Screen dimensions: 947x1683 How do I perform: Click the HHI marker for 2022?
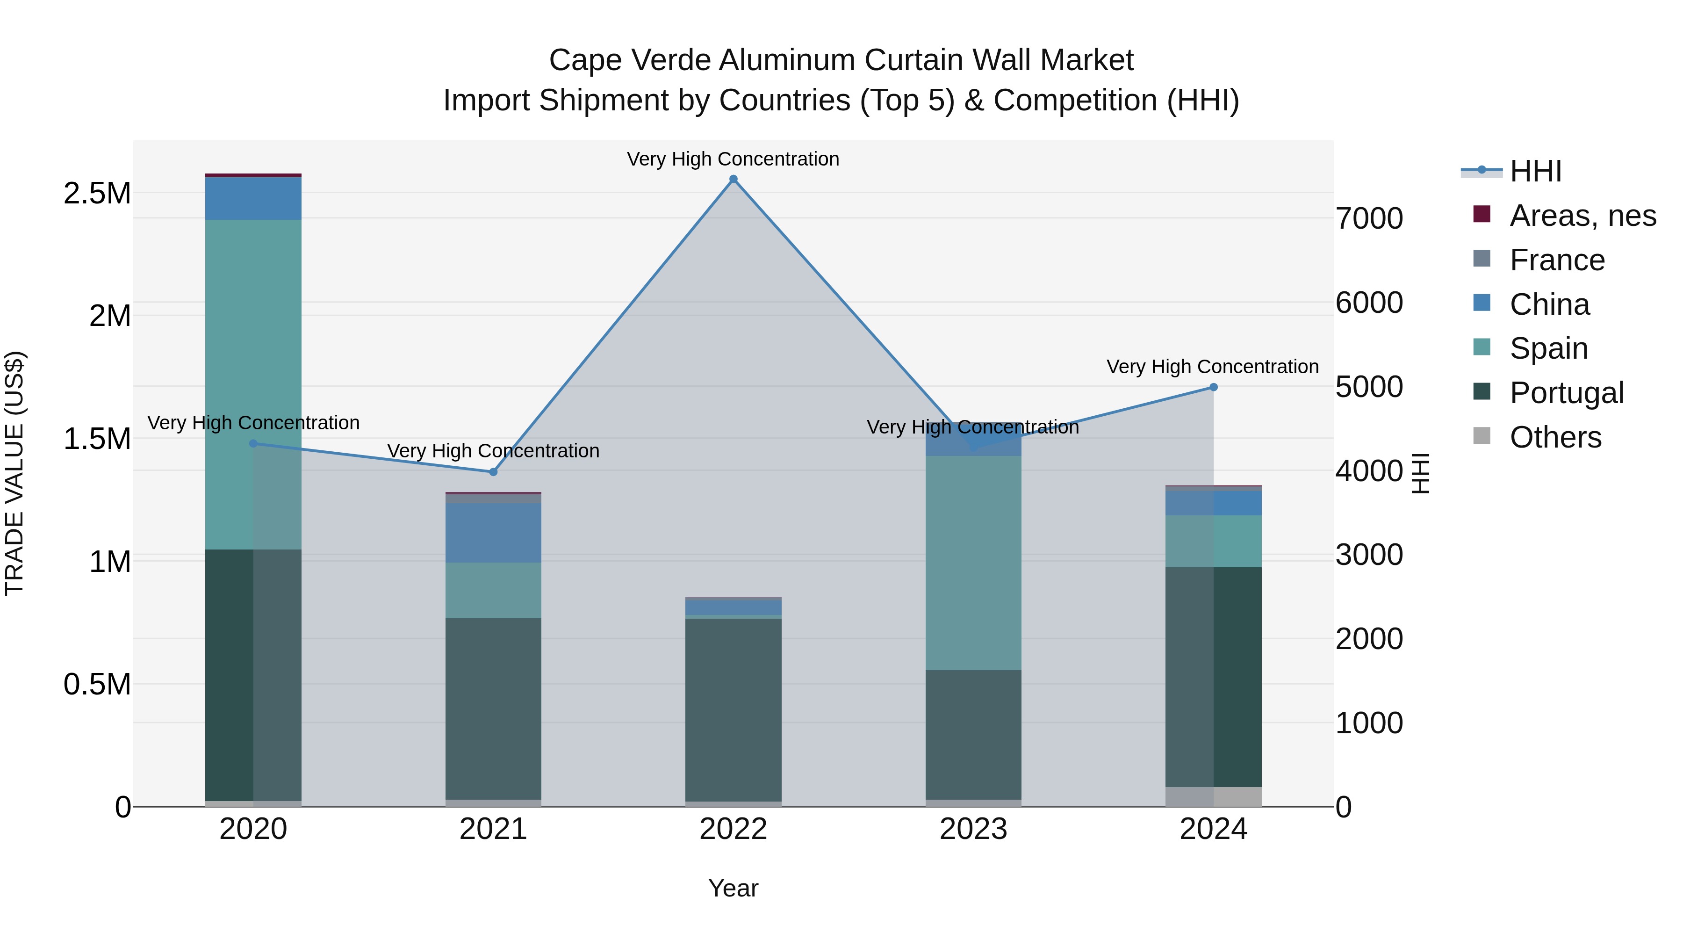pos(733,179)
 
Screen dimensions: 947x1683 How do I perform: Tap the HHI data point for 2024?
pos(1213,387)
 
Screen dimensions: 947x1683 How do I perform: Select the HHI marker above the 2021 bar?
pos(493,472)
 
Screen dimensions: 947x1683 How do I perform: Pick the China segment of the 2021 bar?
pos(493,533)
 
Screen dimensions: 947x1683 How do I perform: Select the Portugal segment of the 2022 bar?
pos(733,709)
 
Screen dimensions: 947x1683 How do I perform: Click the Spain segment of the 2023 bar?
pos(973,562)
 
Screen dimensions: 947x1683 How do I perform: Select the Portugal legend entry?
pos(1566,393)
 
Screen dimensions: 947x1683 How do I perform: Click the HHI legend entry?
pos(1535,171)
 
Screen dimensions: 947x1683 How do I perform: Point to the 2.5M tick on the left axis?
pos(97,194)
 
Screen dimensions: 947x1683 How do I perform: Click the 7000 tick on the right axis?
pos(1369,218)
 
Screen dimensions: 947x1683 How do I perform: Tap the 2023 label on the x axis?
pos(973,829)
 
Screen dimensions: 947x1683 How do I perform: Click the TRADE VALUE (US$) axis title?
pos(14,473)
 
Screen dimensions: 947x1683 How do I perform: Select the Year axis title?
pos(733,888)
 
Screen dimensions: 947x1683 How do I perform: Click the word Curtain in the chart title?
pos(913,60)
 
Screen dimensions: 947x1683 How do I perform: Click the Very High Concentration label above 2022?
pos(733,159)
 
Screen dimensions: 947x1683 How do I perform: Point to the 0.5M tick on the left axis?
pos(97,684)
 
